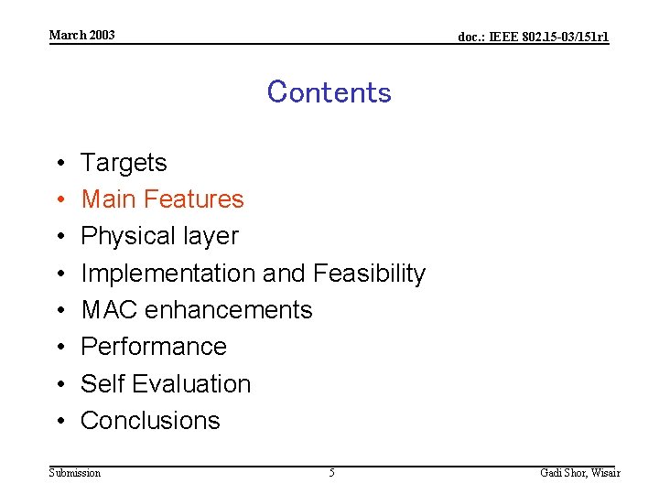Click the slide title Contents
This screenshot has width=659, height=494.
coord(329,92)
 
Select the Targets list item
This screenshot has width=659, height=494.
coord(124,163)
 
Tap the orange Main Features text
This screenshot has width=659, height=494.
coord(162,199)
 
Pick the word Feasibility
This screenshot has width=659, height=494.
coord(369,274)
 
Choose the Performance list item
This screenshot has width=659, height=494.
coord(154,347)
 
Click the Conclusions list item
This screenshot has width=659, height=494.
coord(150,420)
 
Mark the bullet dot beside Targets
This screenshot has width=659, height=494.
coord(59,164)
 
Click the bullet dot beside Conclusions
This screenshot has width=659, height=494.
coord(59,421)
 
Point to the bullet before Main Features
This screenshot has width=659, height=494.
coord(59,200)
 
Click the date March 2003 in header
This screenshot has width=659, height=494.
coord(81,35)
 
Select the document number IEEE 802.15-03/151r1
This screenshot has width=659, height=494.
coord(533,38)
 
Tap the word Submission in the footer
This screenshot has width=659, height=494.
coord(74,473)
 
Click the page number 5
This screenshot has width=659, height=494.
coord(331,473)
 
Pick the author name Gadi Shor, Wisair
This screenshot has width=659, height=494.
coord(579,473)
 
